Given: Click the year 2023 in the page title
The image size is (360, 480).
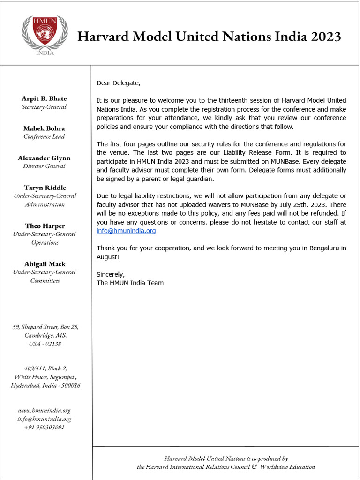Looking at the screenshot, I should click(325, 37).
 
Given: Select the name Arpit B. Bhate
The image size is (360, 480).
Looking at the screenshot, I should click(44, 98).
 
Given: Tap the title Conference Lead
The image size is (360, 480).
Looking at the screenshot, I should click(44, 137).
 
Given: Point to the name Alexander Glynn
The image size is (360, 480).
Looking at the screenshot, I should click(45, 158).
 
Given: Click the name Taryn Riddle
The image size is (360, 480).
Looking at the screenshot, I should click(45, 187).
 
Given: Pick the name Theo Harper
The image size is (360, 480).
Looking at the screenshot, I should click(45, 226).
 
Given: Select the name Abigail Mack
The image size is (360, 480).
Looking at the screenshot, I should click(45, 264).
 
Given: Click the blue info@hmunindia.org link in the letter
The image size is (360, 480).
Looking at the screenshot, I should click(126, 231).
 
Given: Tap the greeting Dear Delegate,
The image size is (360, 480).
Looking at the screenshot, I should click(118, 83).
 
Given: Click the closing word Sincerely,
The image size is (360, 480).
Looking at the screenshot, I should click(111, 274).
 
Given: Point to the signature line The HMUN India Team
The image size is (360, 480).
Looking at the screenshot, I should click(130, 283).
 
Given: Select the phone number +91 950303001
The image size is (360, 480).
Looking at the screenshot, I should click(45, 427).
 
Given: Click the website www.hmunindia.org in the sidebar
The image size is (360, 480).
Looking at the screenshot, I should click(45, 411).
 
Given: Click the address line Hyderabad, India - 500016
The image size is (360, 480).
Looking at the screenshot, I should click(45, 385).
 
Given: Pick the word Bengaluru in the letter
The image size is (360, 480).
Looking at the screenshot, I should click(324, 248).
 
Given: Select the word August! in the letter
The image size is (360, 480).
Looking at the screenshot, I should click(108, 257).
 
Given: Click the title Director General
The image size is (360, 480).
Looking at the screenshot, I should click(45, 166).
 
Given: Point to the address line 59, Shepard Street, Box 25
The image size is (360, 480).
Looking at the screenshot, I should click(45, 327).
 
